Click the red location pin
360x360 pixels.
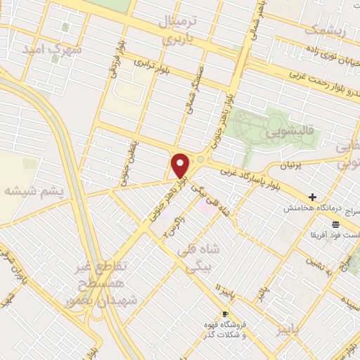(181, 166)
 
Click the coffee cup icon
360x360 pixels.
(225, 314)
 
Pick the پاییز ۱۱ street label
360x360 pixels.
(224, 290)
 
